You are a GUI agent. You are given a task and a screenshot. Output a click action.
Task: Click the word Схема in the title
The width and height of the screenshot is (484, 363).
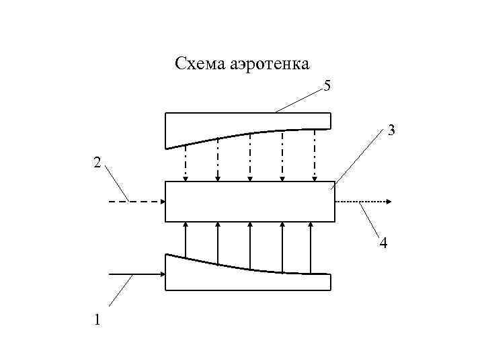click(x=200, y=64)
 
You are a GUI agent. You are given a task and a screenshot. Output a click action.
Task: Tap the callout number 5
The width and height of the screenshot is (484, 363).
click(x=327, y=86)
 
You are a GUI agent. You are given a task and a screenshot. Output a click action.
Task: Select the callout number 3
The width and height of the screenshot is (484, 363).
click(x=390, y=131)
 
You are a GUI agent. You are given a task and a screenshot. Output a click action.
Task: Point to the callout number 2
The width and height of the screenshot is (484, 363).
click(x=98, y=163)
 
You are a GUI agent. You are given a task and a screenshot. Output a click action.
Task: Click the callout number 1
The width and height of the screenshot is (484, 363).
click(x=98, y=320)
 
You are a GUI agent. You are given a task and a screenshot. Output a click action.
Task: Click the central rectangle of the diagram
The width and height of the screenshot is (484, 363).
click(x=249, y=201)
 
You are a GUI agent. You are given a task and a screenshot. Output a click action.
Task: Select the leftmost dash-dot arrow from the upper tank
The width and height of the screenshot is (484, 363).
click(x=186, y=161)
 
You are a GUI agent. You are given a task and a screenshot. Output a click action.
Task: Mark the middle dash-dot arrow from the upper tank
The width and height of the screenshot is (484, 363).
click(x=250, y=157)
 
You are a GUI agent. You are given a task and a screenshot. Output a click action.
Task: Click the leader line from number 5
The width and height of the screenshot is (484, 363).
click(x=299, y=99)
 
